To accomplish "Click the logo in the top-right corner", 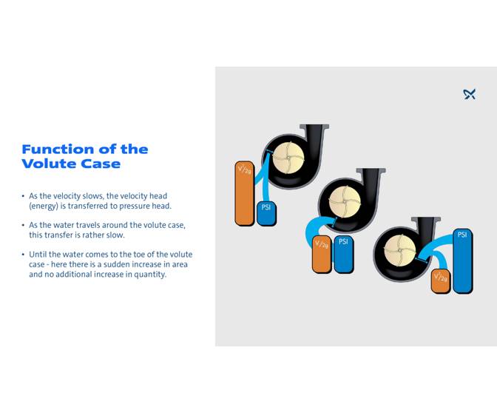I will pyautogui.click(x=469, y=94).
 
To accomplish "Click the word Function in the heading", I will pyautogui.click(x=58, y=150).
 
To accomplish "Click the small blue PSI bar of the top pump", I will pyautogui.click(x=266, y=213).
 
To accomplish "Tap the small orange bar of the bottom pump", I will pyautogui.click(x=441, y=281).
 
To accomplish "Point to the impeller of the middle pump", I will pyautogui.click(x=342, y=198).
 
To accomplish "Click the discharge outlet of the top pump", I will pyautogui.click(x=316, y=132).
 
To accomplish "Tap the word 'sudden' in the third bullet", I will pyautogui.click(x=131, y=264).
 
